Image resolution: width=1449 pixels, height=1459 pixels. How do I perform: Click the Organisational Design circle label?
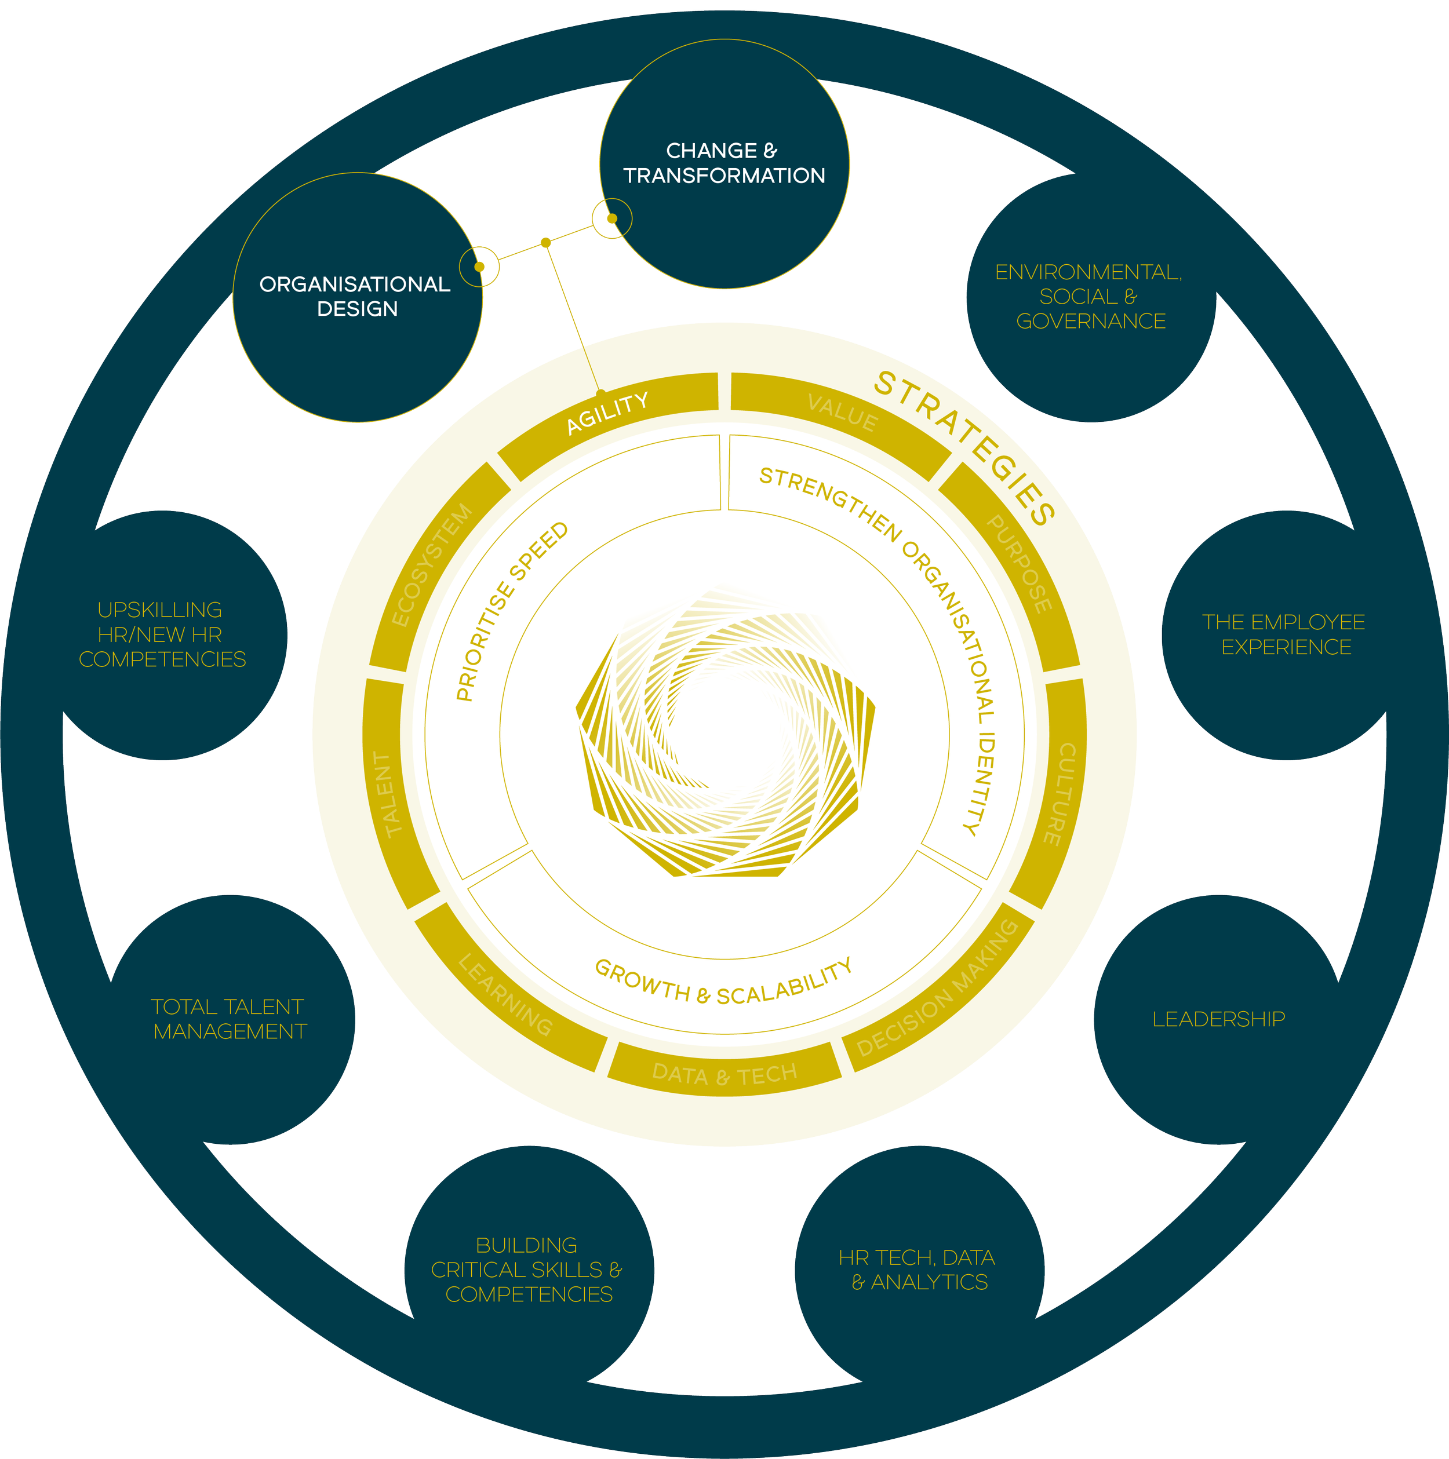355,296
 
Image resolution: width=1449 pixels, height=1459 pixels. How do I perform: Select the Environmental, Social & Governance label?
1090,296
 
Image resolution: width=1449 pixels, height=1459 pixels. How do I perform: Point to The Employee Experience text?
1284,634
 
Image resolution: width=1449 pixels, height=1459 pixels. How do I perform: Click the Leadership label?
1218,1019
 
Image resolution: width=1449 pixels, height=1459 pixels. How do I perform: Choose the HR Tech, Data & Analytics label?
918,1270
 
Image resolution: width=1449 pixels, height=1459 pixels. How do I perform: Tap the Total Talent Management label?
228,1019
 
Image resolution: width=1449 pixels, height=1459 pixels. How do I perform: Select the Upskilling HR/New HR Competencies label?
162,634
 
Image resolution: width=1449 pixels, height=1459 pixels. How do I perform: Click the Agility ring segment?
607,413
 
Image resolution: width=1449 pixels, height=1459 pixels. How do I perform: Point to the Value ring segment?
842,413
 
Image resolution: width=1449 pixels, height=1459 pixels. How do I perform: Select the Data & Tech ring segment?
724,1073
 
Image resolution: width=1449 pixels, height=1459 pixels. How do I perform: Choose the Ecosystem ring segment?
432,564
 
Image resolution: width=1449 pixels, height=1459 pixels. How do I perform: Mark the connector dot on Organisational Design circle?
479,267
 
